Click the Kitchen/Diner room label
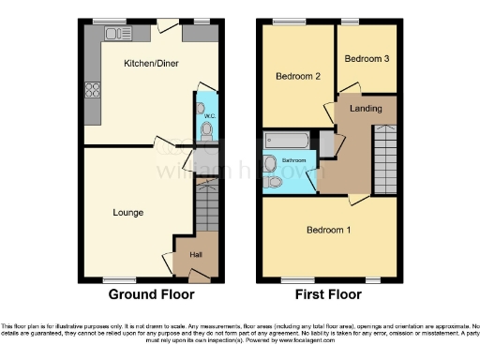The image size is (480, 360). [x=151, y=63]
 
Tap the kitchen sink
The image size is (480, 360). [x=118, y=34]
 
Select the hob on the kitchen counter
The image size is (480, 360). [x=93, y=90]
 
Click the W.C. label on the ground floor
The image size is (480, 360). [x=209, y=116]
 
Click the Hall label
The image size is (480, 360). [x=196, y=255]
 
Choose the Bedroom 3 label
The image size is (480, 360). [x=364, y=58]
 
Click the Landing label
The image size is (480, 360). [x=366, y=109]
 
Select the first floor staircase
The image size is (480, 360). [x=385, y=159]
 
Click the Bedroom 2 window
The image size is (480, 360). [x=286, y=21]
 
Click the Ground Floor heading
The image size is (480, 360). [x=151, y=294]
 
